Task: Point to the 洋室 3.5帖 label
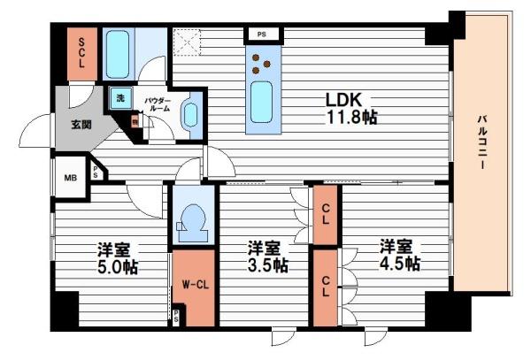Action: (x=266, y=256)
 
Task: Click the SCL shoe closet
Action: (x=81, y=54)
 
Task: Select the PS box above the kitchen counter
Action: (x=262, y=34)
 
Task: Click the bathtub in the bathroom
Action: (x=118, y=55)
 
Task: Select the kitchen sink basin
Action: (x=260, y=103)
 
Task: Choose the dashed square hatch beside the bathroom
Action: (x=186, y=42)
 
